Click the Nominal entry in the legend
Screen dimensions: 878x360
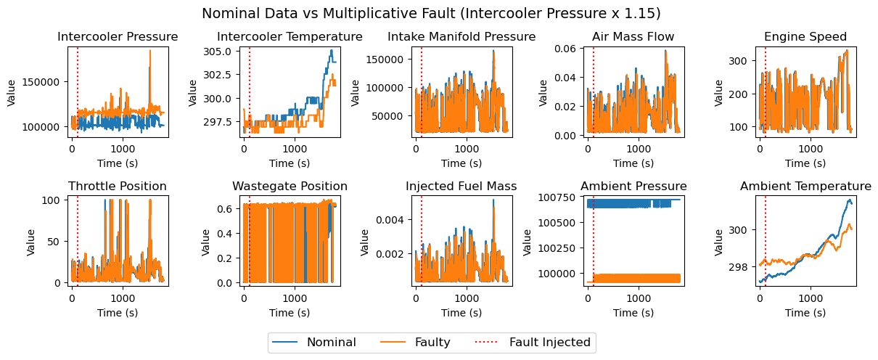314,343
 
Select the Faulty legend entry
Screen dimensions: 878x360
415,343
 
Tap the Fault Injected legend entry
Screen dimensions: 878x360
533,343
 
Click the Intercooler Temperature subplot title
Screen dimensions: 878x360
290,36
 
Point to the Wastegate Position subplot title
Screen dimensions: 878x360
290,186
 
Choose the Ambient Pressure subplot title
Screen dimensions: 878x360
633,186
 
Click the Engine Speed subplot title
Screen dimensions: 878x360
805,36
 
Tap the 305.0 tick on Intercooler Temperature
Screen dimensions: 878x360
217,52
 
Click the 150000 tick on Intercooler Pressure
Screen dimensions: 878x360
41,82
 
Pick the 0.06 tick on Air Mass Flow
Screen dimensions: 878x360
565,48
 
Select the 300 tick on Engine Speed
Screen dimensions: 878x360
738,61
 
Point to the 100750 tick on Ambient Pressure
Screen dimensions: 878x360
557,197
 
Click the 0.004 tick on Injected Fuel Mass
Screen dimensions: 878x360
389,220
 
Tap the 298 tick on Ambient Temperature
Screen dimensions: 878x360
738,267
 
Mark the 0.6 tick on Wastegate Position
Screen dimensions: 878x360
225,208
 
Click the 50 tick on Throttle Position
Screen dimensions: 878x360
54,242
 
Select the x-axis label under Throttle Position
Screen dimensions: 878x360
118,313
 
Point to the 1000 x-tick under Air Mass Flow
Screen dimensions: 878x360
639,149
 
